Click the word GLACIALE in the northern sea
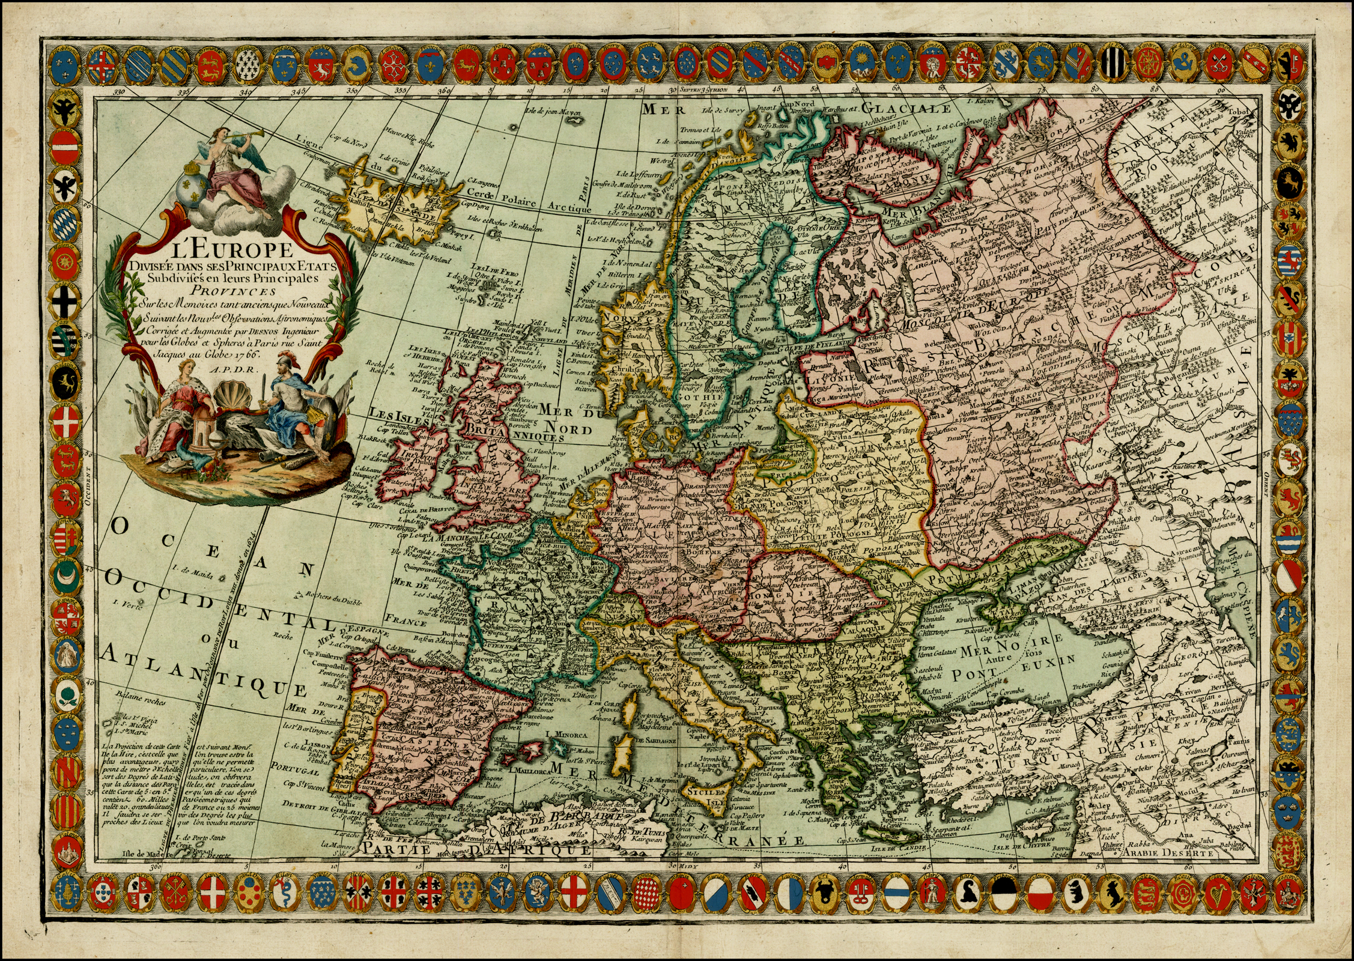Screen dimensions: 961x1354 906,109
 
